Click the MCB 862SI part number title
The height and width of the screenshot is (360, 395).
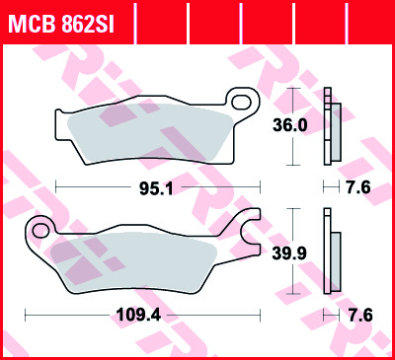coord(61,24)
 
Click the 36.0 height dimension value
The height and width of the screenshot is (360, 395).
coord(290,125)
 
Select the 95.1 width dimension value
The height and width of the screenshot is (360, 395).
coord(156,188)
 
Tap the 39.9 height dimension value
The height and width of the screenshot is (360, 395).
coord(289,253)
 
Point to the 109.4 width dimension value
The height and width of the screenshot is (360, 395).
coord(139,316)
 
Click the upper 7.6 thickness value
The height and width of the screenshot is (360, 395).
coord(359,187)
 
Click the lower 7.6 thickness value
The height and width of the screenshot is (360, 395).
coord(360,316)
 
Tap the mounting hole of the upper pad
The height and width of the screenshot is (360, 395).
coord(241,102)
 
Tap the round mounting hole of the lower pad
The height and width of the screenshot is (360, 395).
coord(40,230)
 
